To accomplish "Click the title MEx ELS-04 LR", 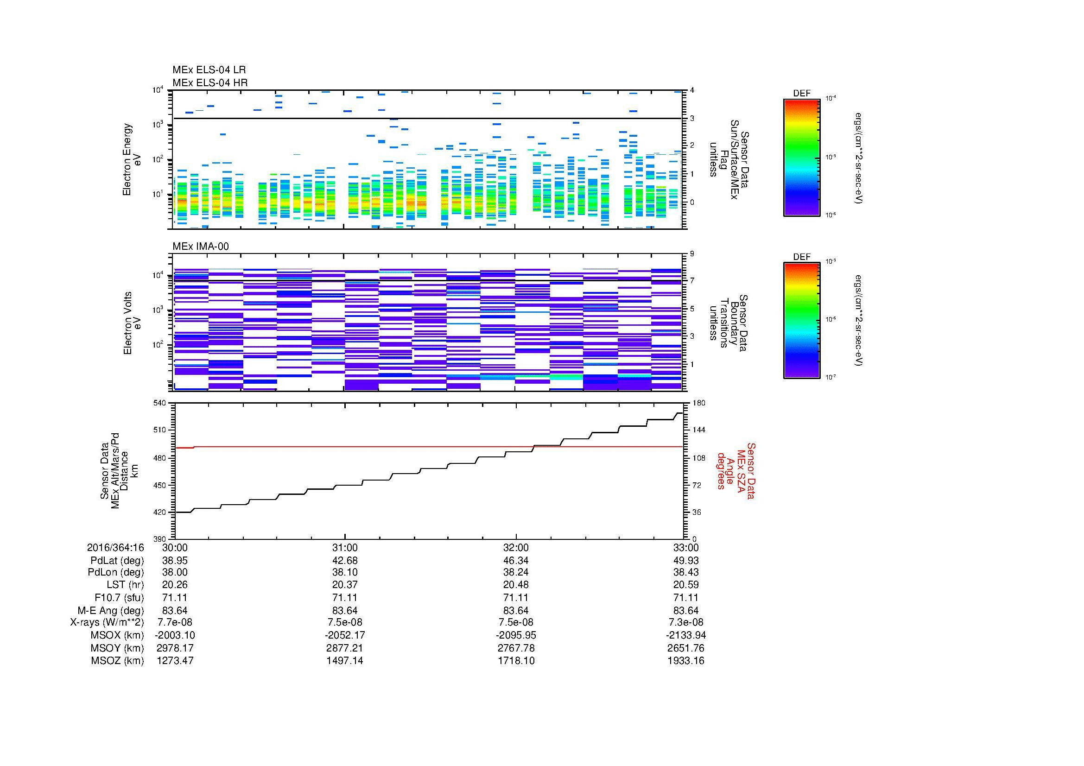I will tap(209, 70).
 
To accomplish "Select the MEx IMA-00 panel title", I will tap(201, 247).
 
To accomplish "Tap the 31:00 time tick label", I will tap(345, 547).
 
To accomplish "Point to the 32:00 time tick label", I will tap(516, 547).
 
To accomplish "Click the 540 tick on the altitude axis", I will tap(160, 403).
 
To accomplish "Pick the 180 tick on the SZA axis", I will tap(698, 403).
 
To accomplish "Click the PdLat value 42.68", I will tap(345, 560).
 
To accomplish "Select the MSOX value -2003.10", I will tap(175, 635).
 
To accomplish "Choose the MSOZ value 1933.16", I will tap(686, 661).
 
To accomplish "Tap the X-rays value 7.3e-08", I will tap(686, 622).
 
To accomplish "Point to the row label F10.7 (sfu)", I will tap(119, 597).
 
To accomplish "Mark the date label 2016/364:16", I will tap(115, 547).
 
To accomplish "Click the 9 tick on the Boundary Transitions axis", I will tap(691, 254).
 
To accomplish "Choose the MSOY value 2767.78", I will tap(516, 648).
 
